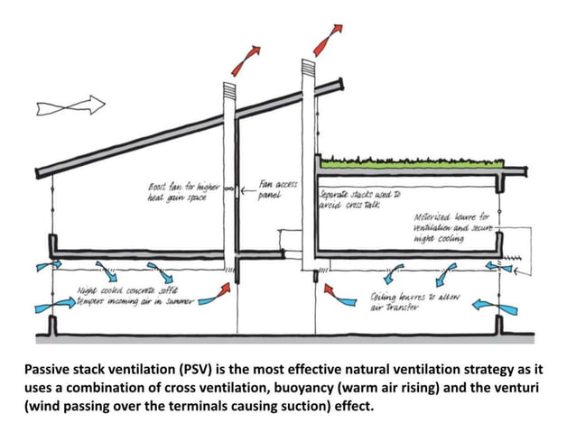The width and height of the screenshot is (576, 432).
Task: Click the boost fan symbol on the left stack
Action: (230, 189)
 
